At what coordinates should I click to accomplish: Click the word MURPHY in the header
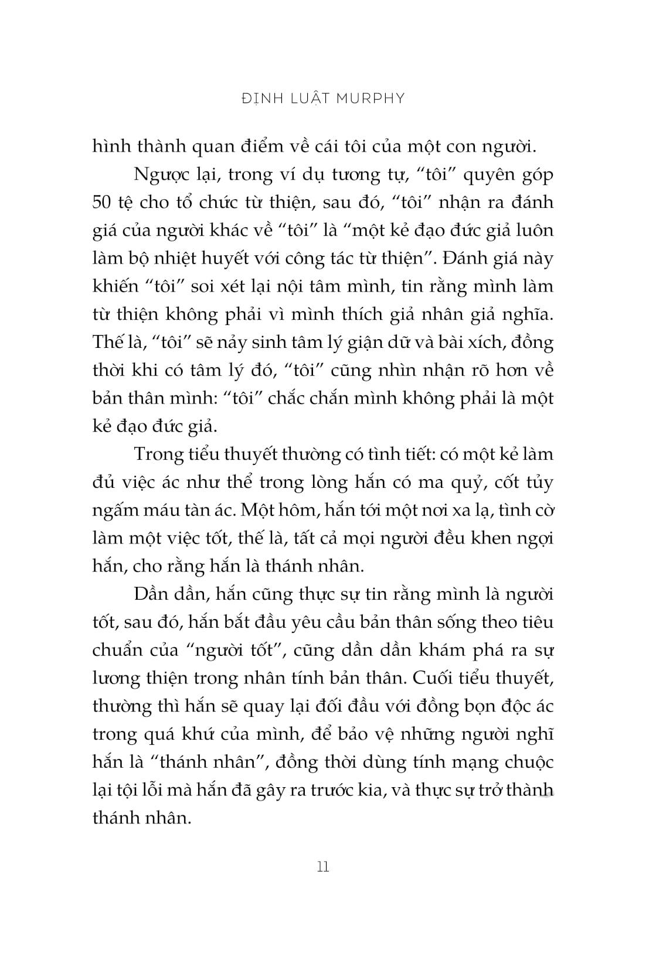click(x=371, y=98)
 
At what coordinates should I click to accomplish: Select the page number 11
click(x=323, y=866)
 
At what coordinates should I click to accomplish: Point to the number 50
click(x=104, y=203)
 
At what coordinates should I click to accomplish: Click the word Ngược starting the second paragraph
click(x=158, y=175)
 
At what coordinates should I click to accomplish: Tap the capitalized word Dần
click(x=151, y=594)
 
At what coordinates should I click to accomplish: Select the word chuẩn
click(x=117, y=650)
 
